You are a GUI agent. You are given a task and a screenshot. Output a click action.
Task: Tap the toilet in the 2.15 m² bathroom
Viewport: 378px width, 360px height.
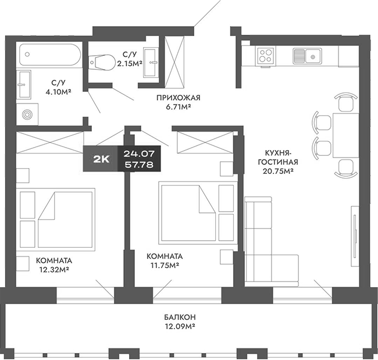[x=102, y=60]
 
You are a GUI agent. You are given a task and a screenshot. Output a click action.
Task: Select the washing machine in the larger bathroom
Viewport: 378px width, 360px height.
[x=27, y=114]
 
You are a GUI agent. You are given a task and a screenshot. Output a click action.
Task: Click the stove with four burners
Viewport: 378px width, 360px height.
[x=266, y=56]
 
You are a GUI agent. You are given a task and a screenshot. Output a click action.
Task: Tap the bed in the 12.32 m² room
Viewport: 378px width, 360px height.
[x=63, y=218]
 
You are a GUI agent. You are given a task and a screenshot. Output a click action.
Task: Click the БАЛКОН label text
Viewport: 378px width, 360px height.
[x=179, y=317]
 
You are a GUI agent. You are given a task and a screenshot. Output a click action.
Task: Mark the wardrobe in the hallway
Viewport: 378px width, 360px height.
[x=175, y=57]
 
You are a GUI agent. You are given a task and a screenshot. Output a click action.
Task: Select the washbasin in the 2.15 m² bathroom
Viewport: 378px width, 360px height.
[x=154, y=60]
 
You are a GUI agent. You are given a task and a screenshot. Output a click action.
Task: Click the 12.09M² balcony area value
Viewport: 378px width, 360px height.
[x=179, y=327]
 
